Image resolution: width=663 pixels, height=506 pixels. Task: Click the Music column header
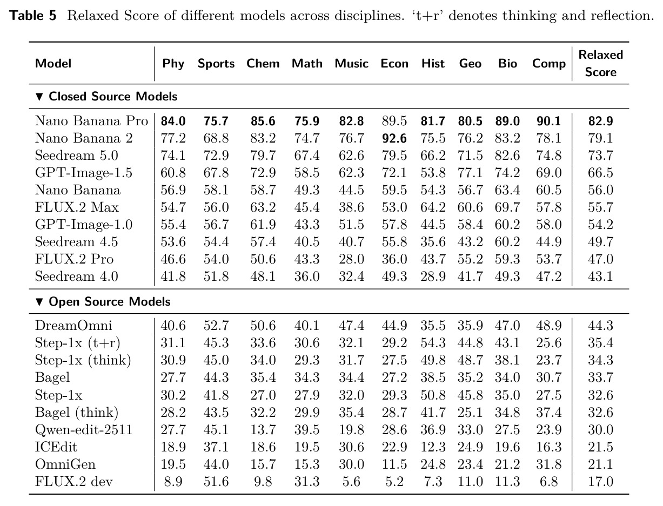coord(351,63)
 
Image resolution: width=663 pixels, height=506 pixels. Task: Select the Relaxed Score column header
coord(600,63)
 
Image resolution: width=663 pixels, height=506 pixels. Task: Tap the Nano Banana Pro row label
coord(91,120)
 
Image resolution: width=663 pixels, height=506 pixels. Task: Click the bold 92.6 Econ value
coord(394,138)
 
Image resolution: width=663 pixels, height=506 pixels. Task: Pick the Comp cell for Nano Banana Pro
coord(548,121)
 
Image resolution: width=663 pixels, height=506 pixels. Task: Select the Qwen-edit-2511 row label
coord(84,430)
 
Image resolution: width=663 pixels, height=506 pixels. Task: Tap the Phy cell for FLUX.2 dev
coord(173,482)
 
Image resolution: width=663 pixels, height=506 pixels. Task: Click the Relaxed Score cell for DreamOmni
coord(600,326)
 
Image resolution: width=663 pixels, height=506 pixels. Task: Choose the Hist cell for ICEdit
coord(433,447)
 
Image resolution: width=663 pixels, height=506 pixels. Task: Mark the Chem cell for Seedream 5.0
coord(263,156)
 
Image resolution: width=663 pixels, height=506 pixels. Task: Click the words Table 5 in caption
coord(32,15)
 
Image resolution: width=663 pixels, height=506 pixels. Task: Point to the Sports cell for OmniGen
coord(216,464)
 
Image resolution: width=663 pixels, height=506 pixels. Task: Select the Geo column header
coord(470,63)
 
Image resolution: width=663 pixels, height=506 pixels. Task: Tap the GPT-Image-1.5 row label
coord(84,173)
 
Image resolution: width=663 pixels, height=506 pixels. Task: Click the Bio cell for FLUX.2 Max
coord(507,207)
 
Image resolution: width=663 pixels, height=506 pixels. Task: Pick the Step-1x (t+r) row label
coord(78,343)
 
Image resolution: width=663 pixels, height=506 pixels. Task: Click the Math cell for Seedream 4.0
coord(307,276)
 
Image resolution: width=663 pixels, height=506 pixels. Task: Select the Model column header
coord(53,63)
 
